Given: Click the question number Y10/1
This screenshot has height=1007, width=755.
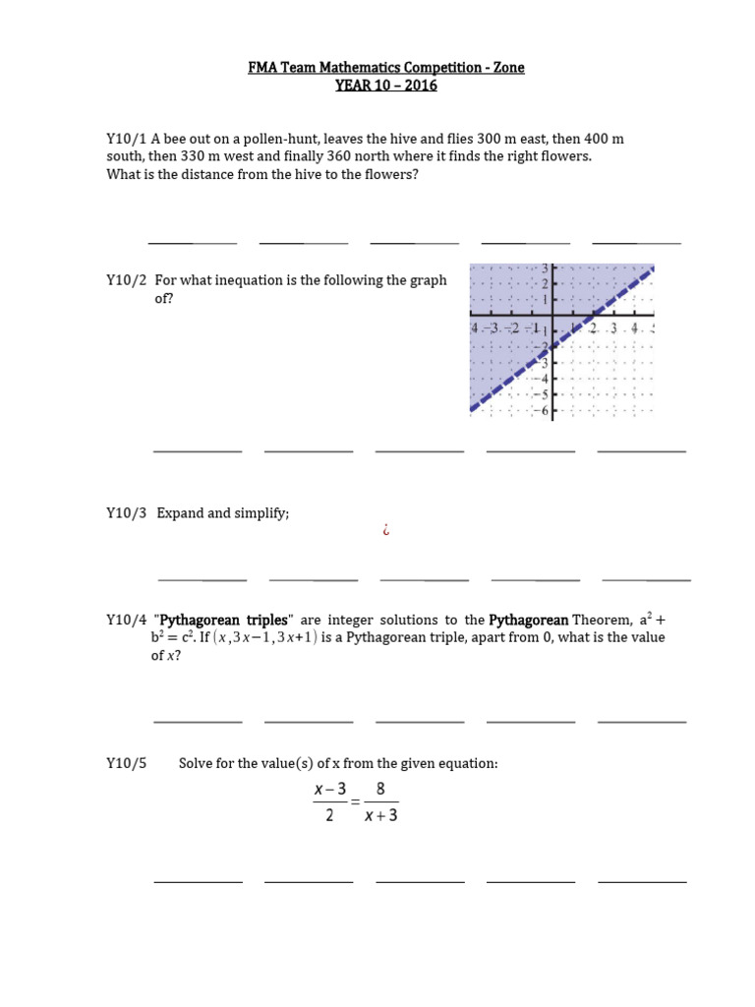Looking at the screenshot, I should (x=127, y=139).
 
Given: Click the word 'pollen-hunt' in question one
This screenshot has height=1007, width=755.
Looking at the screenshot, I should (x=280, y=139).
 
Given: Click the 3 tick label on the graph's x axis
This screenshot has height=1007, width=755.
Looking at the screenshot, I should (x=612, y=328).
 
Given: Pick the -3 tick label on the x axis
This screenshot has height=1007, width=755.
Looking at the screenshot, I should (x=495, y=328).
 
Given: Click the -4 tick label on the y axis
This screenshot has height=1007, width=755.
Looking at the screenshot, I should (x=542, y=378).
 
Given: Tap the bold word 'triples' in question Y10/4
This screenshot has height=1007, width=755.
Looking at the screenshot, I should (x=262, y=620).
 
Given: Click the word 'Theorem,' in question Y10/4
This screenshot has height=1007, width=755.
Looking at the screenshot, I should (x=602, y=620).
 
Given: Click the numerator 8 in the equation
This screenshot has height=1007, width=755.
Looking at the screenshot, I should (x=380, y=790).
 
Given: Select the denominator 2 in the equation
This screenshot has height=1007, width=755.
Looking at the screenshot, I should (x=329, y=815).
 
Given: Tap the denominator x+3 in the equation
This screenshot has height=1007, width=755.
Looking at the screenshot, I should (x=380, y=815).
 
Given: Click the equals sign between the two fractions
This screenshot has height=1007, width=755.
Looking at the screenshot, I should (x=355, y=802).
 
